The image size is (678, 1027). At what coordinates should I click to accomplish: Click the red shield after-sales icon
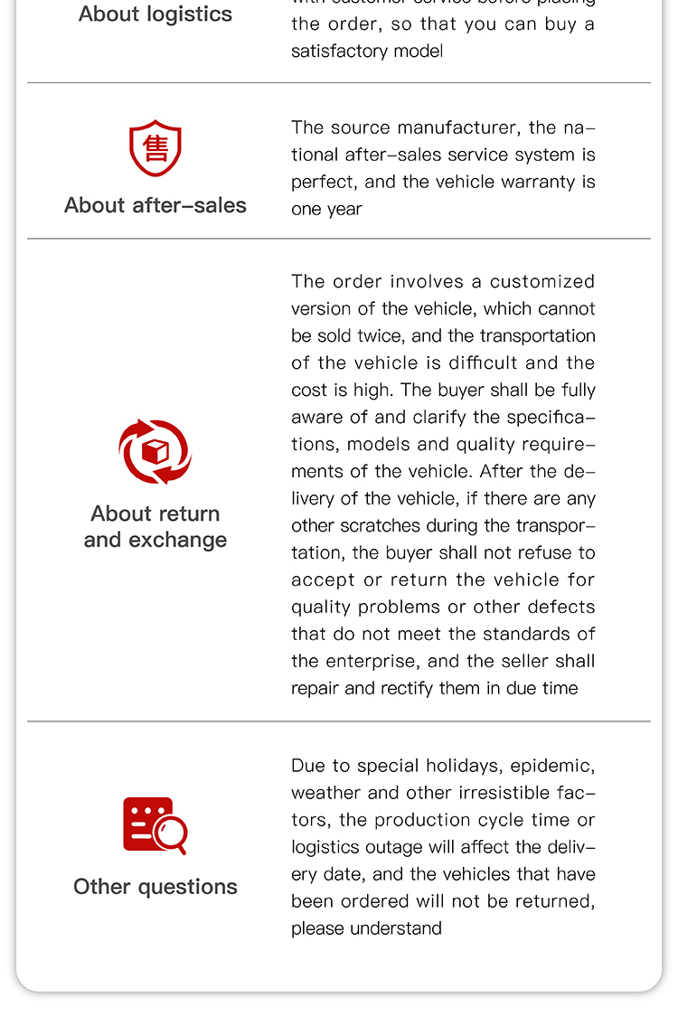pyautogui.click(x=155, y=148)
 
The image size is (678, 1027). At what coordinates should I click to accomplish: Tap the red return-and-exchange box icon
pyautogui.click(x=155, y=451)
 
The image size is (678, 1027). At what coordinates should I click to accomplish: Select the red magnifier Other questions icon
pyautogui.click(x=155, y=824)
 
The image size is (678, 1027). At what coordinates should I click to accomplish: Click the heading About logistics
pyautogui.click(x=155, y=14)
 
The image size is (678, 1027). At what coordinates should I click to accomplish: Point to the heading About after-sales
pyautogui.click(x=155, y=205)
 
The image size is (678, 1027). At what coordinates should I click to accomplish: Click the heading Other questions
pyautogui.click(x=155, y=886)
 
